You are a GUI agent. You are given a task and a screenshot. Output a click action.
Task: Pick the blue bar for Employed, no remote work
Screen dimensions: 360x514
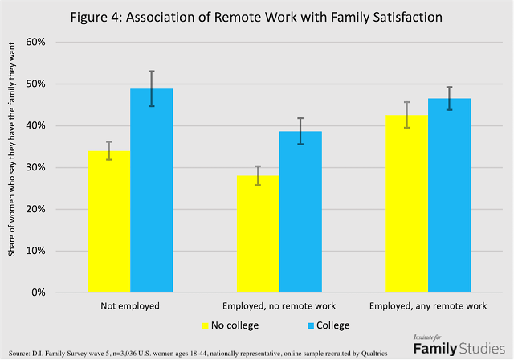click(x=300, y=212)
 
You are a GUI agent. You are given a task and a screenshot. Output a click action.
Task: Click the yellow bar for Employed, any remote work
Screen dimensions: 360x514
click(x=406, y=204)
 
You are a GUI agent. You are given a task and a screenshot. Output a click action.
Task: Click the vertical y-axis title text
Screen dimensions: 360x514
click(x=14, y=165)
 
